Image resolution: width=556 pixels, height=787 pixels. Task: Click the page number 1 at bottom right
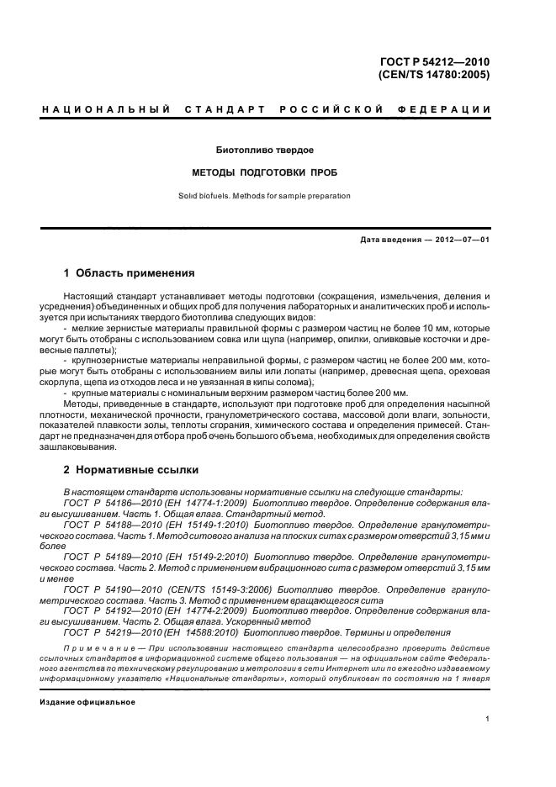click(488, 718)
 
